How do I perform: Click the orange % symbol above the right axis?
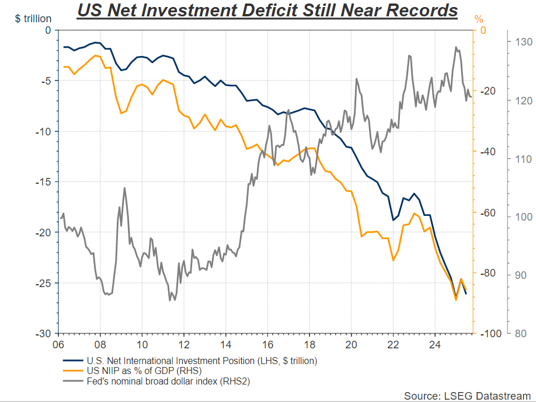click(479, 20)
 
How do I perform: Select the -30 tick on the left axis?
click(44, 334)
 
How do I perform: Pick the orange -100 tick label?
click(490, 334)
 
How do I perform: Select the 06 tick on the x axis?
click(58, 344)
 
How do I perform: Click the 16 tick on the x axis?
click(267, 344)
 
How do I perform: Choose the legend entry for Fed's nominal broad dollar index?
click(169, 382)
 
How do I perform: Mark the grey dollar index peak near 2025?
click(455, 47)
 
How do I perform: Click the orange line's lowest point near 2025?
click(456, 300)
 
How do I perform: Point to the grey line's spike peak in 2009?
click(124, 188)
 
